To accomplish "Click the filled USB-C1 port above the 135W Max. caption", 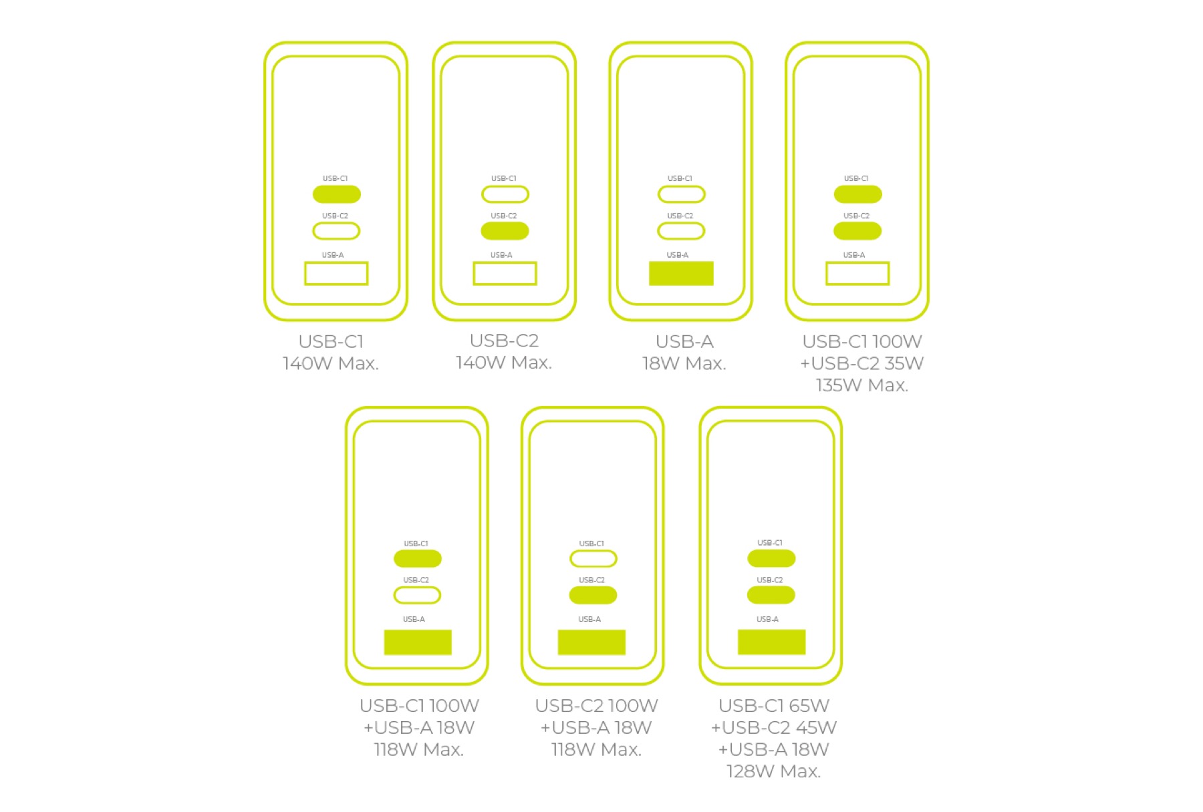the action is point(857,194).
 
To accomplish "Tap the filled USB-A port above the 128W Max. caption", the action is point(771,642).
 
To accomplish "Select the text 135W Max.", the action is point(862,385).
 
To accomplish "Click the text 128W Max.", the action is point(773,771).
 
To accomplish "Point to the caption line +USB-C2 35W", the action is point(862,363).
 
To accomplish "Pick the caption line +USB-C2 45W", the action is point(773,727).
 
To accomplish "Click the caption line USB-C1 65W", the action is point(773,705).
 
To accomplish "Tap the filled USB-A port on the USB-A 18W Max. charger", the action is point(681,273).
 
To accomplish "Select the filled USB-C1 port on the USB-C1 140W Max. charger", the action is point(337,194).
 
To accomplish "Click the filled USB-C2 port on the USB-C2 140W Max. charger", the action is point(505,231).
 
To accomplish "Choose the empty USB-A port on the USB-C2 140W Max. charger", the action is point(505,273).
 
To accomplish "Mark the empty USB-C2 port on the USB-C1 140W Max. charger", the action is point(336,231).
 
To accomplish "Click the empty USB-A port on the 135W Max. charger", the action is point(857,273).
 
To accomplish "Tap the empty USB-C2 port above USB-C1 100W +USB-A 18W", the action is point(417,595).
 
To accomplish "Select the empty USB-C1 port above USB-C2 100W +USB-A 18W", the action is point(593,558).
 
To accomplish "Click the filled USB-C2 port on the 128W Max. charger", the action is point(771,595).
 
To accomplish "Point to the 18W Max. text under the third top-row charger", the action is point(684,363).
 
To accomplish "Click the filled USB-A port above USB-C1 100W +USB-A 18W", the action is point(418,642).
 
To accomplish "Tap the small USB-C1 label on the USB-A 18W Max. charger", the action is point(680,178).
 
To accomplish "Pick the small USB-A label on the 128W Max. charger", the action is point(767,619).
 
